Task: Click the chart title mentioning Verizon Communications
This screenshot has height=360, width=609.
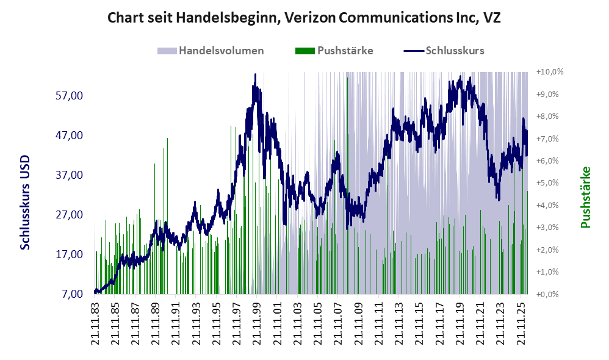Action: click(304, 18)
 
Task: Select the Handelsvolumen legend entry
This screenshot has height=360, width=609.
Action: click(211, 51)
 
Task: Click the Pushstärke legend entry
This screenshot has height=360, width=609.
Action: click(334, 51)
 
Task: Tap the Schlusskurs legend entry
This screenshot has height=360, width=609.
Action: click(444, 51)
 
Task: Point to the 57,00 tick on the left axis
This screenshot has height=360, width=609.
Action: click(69, 96)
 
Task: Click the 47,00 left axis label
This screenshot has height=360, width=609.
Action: click(69, 135)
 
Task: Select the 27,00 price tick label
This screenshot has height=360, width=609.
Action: click(69, 214)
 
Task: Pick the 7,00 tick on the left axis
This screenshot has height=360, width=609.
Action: click(72, 293)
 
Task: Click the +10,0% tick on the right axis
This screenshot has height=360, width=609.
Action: click(550, 72)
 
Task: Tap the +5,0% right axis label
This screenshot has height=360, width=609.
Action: click(547, 183)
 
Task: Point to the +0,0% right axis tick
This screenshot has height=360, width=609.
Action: click(547, 294)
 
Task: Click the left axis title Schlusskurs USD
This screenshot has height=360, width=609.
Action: click(25, 203)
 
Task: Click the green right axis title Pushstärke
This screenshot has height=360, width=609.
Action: click(585, 197)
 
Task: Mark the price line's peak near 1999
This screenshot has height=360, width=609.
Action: click(255, 74)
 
